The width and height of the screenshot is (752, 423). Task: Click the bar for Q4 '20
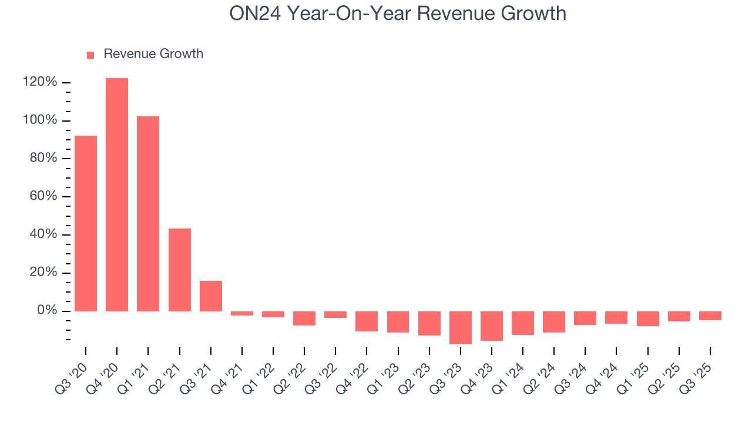point(117,194)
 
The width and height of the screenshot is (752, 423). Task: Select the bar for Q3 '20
point(86,223)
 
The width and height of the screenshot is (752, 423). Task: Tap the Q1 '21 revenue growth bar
point(148,214)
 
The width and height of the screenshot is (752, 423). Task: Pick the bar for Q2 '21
point(180,270)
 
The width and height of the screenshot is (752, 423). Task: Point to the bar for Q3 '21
point(211,296)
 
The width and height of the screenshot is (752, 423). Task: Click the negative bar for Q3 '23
point(461,327)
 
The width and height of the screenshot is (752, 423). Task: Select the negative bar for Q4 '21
point(242,314)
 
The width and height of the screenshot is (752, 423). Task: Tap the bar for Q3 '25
point(710,315)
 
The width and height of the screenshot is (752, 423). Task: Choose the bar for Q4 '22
point(367,321)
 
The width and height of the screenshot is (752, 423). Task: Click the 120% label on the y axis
point(40,82)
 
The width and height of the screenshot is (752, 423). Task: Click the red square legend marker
point(90,55)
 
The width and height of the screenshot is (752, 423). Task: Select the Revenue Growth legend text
point(153,54)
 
